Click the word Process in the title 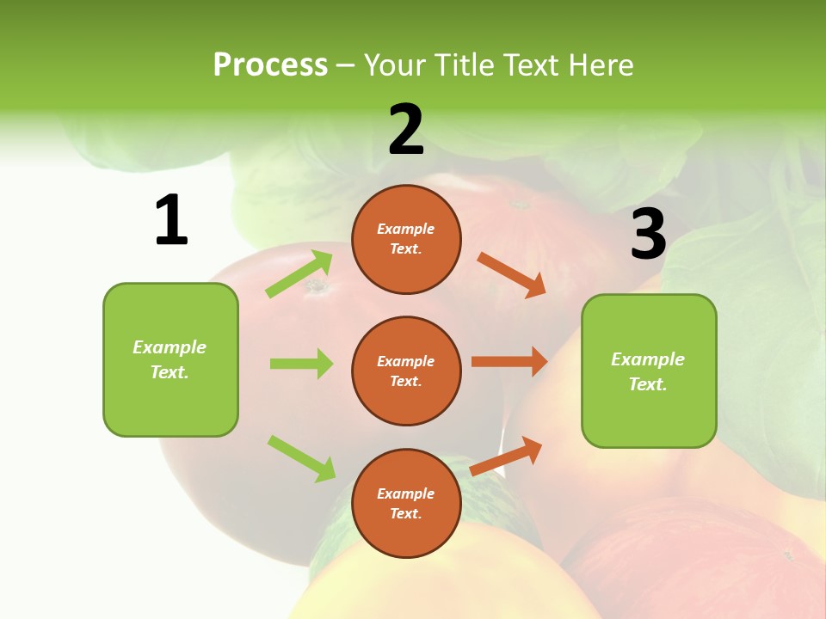[270, 65]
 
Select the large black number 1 [171, 220]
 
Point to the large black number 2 [406, 130]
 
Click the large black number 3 [648, 234]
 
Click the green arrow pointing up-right [299, 274]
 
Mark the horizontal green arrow [301, 364]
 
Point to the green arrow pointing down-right [301, 457]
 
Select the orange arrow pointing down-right [512, 274]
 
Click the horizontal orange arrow [509, 362]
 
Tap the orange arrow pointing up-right [506, 456]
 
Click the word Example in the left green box [170, 347]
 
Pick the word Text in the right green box [647, 384]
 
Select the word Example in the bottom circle [405, 493]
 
